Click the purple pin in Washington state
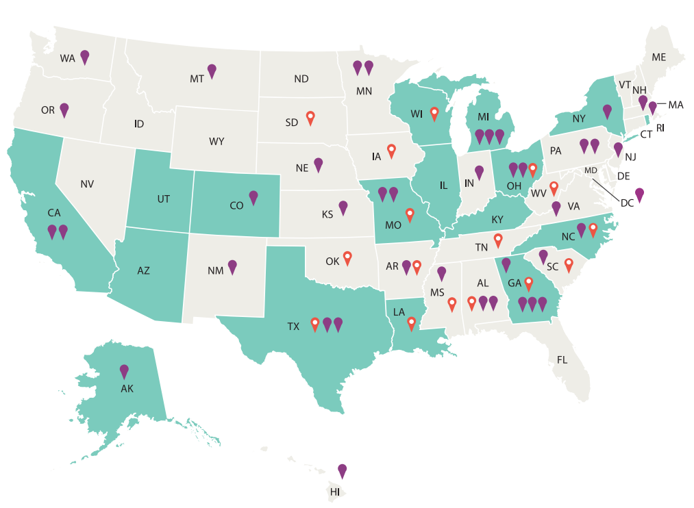pyautogui.click(x=84, y=57)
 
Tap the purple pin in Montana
pyautogui.click(x=212, y=71)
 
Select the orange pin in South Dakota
pyautogui.click(x=310, y=118)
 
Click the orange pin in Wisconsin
pyautogui.click(x=434, y=113)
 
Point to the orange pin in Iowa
pyautogui.click(x=391, y=150)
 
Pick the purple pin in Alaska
pyautogui.click(x=124, y=371)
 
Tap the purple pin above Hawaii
pyautogui.click(x=343, y=470)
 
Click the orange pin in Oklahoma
pyautogui.click(x=347, y=257)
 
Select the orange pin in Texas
pyautogui.click(x=315, y=324)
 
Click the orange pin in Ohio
pyautogui.click(x=532, y=168)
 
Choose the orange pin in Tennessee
pyautogui.click(x=498, y=240)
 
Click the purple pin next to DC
pyautogui.click(x=639, y=194)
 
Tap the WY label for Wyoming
pyautogui.click(x=216, y=142)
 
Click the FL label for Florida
pyautogui.click(x=562, y=359)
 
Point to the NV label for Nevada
pyautogui.click(x=87, y=184)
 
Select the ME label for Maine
pyautogui.click(x=658, y=58)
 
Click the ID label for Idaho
pyautogui.click(x=139, y=124)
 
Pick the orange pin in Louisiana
pyautogui.click(x=411, y=323)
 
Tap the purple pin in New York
pyautogui.click(x=606, y=111)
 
